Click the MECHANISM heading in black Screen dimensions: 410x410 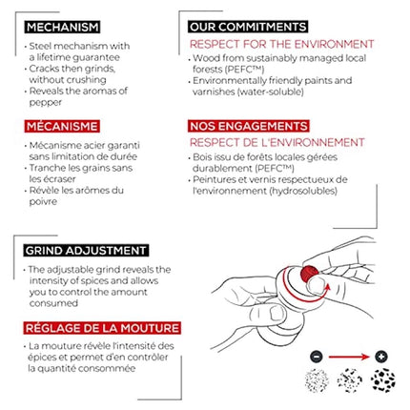point(62,27)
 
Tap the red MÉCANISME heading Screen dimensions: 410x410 point(62,126)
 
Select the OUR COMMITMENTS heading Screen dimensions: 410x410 point(248,27)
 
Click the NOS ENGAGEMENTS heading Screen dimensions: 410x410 point(249,126)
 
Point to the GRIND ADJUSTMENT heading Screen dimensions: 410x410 point(86,251)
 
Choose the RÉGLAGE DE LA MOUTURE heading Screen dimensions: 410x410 point(102,328)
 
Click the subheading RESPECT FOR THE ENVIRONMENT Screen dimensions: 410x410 point(282,44)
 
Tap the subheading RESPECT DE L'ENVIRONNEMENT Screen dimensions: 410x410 point(277,142)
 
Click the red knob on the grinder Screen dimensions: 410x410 point(309,274)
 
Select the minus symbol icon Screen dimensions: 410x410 point(317,357)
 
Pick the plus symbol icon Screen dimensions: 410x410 point(381,357)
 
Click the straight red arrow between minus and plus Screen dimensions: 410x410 point(349,357)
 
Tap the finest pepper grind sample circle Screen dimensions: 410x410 point(317,380)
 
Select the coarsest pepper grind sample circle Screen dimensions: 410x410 point(383,380)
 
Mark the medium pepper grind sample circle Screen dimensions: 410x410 point(350,380)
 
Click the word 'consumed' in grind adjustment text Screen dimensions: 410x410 point(53,303)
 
